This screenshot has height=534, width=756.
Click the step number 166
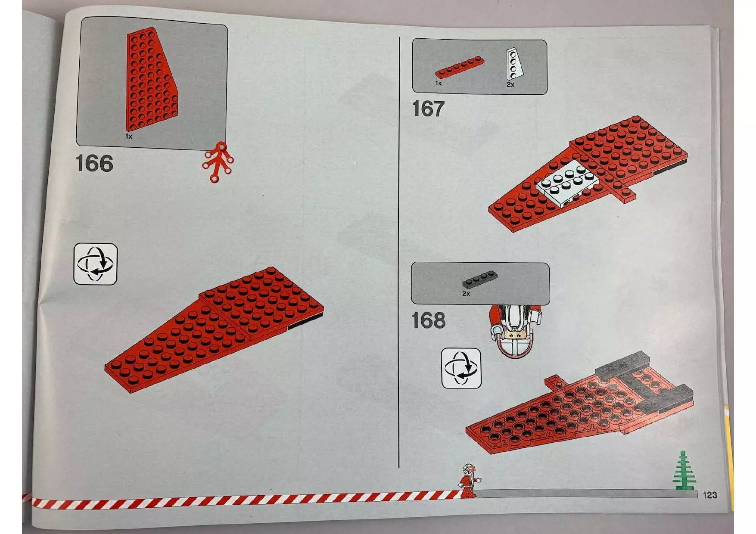click(94, 164)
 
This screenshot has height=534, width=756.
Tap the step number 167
click(428, 109)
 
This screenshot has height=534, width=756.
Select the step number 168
click(428, 320)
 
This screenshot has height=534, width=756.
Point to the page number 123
click(709, 495)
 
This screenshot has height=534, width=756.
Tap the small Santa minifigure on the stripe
click(468, 481)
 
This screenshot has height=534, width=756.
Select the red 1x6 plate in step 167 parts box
click(460, 69)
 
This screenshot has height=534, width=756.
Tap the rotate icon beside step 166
click(95, 264)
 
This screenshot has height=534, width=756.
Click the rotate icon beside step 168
click(461, 368)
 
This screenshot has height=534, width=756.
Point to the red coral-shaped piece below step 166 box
click(218, 162)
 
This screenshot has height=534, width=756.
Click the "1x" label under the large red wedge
click(129, 137)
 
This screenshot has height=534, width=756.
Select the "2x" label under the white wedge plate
click(510, 85)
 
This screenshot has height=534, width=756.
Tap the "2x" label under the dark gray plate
click(466, 294)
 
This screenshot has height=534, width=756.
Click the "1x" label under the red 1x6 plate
click(438, 84)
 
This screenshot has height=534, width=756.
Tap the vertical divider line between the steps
click(399, 258)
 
